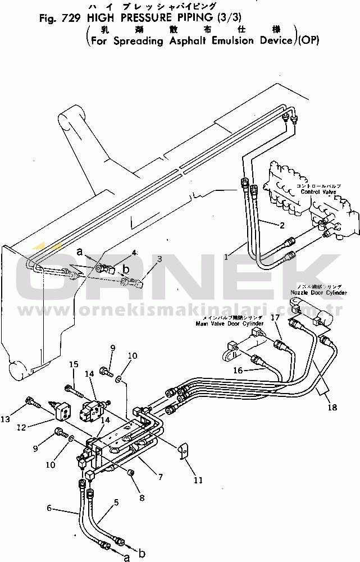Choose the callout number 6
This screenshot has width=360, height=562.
click(49, 509)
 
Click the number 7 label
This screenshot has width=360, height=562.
click(161, 477)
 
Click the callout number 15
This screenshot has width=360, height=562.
click(73, 365)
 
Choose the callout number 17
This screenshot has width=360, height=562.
click(275, 318)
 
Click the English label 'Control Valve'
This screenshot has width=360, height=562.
click(317, 192)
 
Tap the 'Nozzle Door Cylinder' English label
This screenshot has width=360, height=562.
click(318, 293)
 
